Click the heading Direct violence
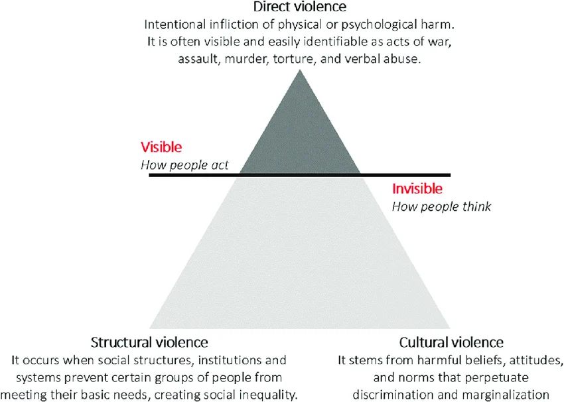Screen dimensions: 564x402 coord(300,7)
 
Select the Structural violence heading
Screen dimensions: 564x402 coord(149,342)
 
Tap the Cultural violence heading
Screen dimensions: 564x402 coord(451,342)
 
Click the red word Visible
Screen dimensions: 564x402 coord(161,147)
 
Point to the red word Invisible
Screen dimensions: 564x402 coord(417,189)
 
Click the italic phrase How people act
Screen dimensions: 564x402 coord(184,165)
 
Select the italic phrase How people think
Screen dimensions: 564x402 coord(441,207)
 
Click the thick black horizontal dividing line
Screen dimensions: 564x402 coord(300,175)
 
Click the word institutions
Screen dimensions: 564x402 coord(232,360)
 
